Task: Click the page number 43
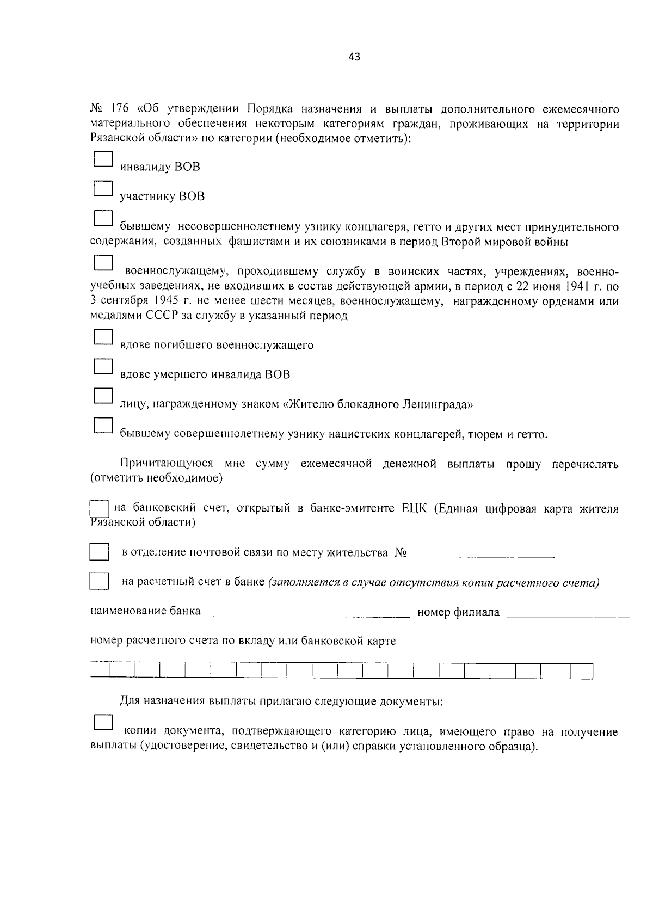coord(354,57)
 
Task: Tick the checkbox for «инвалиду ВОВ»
coord(102,159)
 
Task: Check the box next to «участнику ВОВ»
coord(102,189)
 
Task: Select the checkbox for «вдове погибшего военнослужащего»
coord(102,337)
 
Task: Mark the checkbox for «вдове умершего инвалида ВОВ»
coord(102,367)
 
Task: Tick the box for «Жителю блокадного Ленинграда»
coord(102,396)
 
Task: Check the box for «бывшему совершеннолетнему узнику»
coord(102,426)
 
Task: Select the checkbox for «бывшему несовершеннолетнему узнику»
coord(102,218)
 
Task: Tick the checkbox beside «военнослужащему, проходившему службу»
coord(102,263)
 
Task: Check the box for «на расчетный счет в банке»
coord(99,582)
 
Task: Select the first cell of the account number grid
coord(99,670)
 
